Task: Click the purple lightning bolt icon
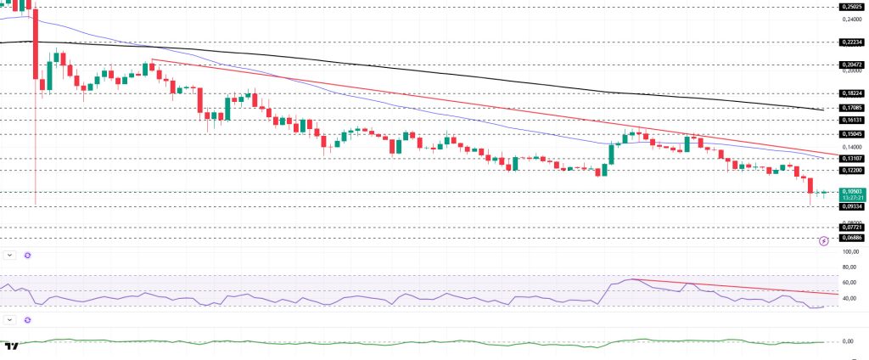pyautogui.click(x=822, y=241)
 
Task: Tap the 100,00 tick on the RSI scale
pyautogui.click(x=848, y=252)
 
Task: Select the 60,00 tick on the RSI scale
pyautogui.click(x=848, y=283)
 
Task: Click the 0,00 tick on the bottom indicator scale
pyautogui.click(x=848, y=341)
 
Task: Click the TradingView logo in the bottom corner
pyautogui.click(x=11, y=346)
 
